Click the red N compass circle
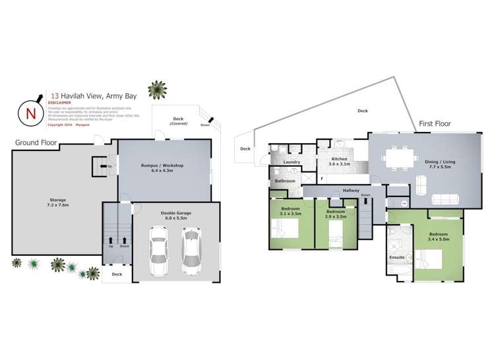(x=30, y=113)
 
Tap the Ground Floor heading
(x=36, y=143)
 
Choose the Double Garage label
(x=176, y=212)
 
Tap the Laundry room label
(x=291, y=162)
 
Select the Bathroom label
(x=285, y=181)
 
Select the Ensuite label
(x=397, y=256)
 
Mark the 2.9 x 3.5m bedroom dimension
(x=336, y=215)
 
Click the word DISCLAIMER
(x=60, y=102)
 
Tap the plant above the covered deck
(x=157, y=89)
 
